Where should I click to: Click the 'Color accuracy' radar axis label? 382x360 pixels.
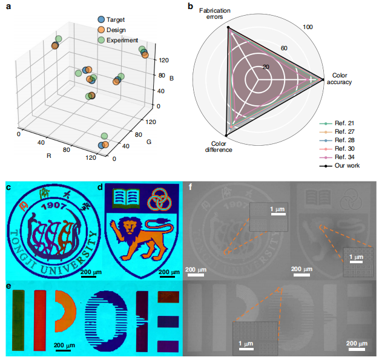tap(339, 79)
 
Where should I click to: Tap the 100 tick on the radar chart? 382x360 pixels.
tap(308, 27)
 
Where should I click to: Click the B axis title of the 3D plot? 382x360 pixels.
tap(172, 78)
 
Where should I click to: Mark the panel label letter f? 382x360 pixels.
tap(191, 188)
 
